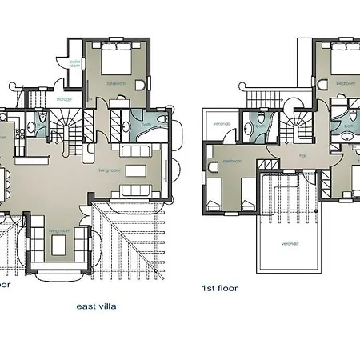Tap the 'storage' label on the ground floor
(64, 99)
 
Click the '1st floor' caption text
(221, 288)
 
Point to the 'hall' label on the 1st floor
(303, 156)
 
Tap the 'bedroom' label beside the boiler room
(115, 82)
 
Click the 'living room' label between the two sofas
(130, 170)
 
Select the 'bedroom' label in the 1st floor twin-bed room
(232, 160)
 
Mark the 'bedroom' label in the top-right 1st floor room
(346, 82)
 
